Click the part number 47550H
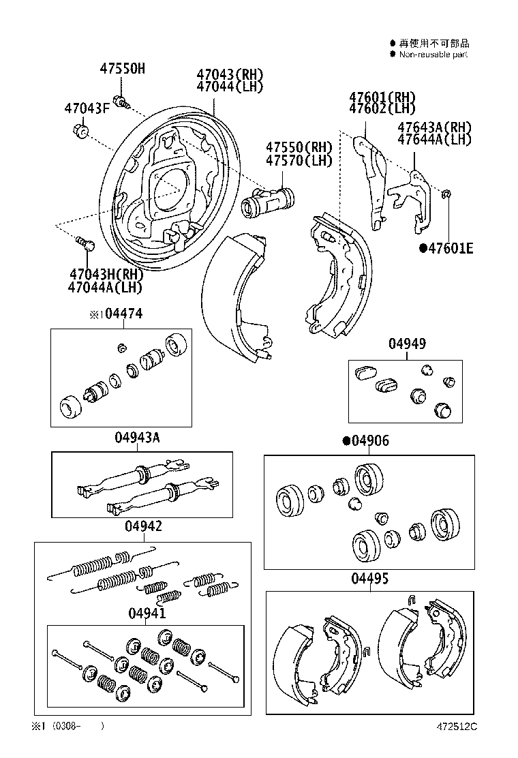pyautogui.click(x=123, y=69)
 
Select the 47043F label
pyautogui.click(x=87, y=108)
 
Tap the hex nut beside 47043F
pyautogui.click(x=80, y=130)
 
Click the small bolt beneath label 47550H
pyautogui.click(x=122, y=103)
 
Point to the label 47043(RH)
pyautogui.click(x=230, y=74)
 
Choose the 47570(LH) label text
pyautogui.click(x=299, y=161)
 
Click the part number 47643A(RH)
pyautogui.click(x=435, y=127)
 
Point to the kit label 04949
pyautogui.click(x=408, y=344)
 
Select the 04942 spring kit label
pyautogui.click(x=143, y=526)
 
